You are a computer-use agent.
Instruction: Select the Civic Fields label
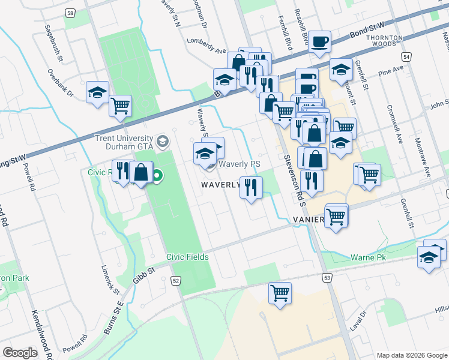coord(188,257)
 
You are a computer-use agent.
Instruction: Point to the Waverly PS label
coord(239,164)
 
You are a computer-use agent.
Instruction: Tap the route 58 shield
coord(71,13)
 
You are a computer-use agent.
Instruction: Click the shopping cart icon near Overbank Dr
coord(121,106)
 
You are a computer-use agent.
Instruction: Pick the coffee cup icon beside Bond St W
coord(320,42)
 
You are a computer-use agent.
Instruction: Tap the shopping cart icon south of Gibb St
coord(280,293)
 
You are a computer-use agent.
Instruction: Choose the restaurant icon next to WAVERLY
coord(251,188)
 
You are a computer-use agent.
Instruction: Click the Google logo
coord(20,352)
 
